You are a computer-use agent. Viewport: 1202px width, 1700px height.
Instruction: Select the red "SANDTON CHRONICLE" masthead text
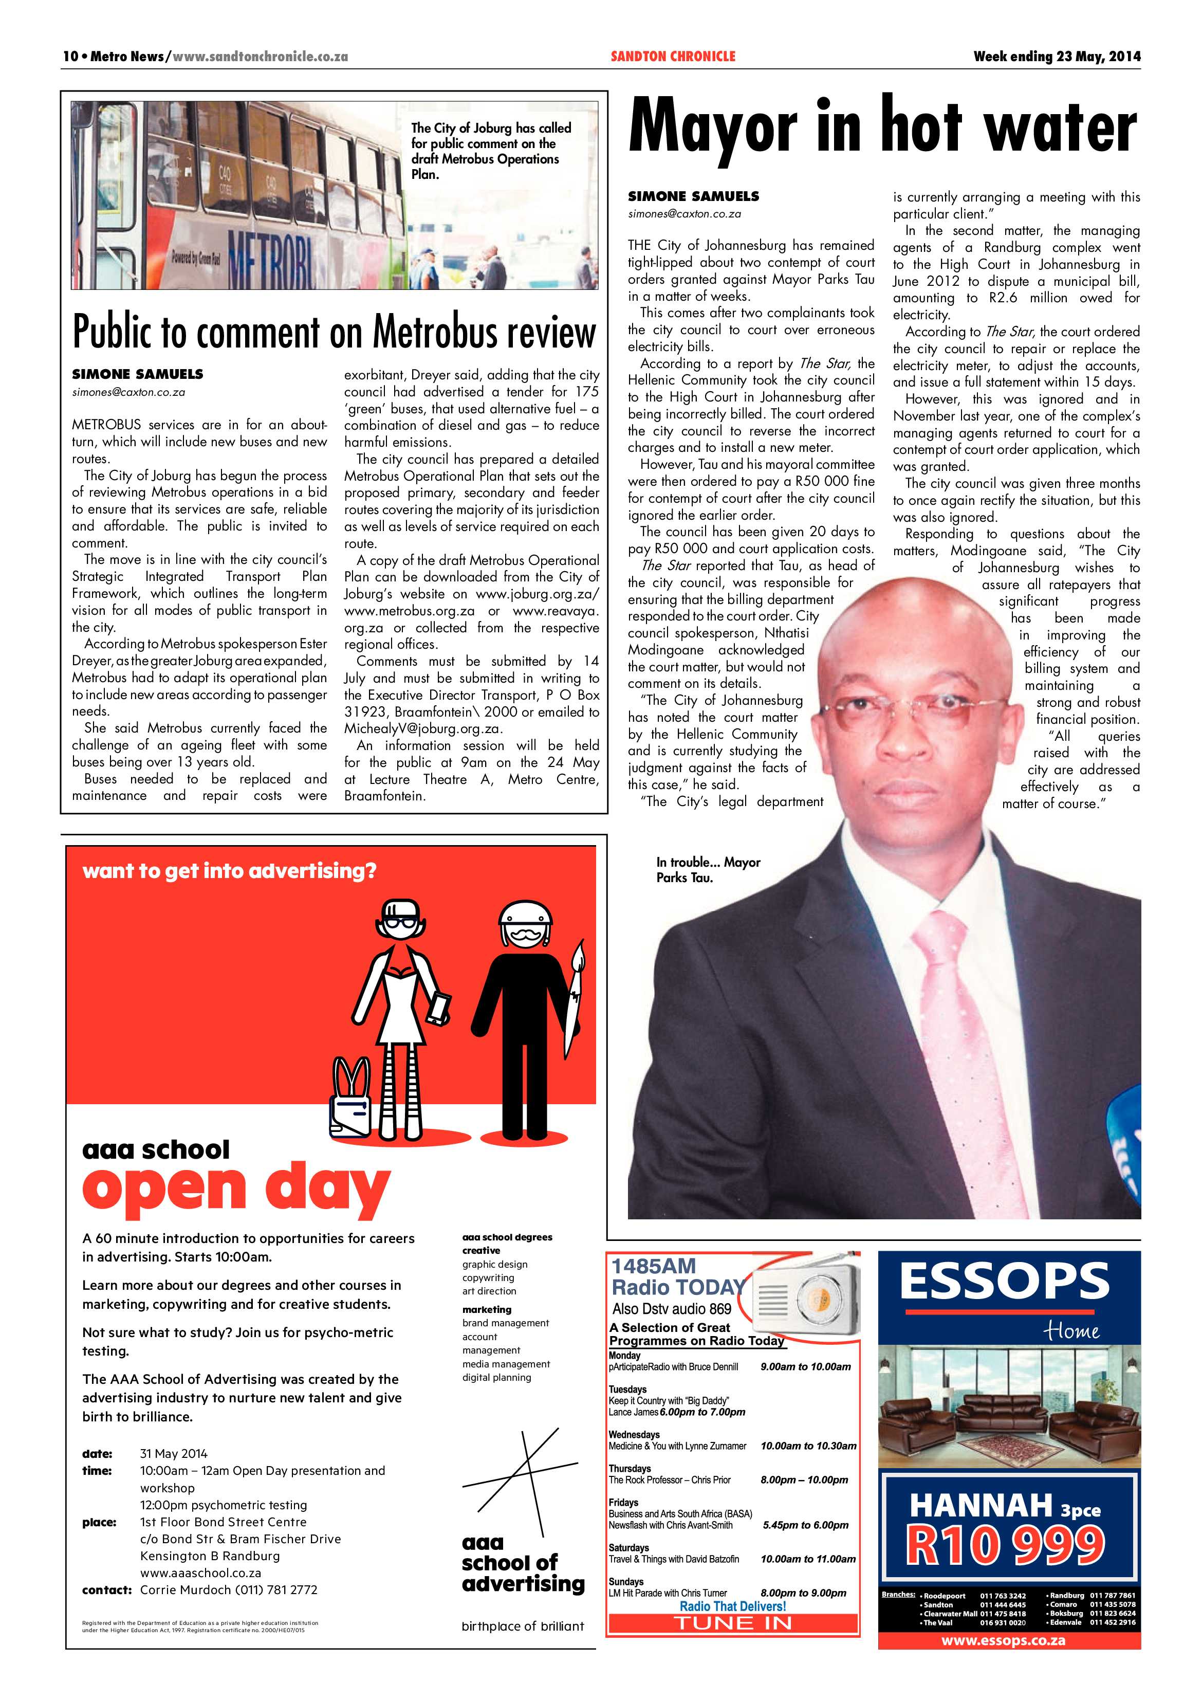pyautogui.click(x=673, y=56)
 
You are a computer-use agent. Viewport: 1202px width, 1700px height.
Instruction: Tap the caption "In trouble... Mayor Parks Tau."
pyautogui.click(x=708, y=869)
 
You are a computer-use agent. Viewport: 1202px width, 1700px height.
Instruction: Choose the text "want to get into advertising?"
pyautogui.click(x=229, y=871)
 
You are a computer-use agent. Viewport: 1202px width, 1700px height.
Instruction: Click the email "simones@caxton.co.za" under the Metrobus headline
pyautogui.click(x=128, y=392)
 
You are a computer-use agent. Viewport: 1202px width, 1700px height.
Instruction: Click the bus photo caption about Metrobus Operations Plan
pyautogui.click(x=491, y=151)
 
